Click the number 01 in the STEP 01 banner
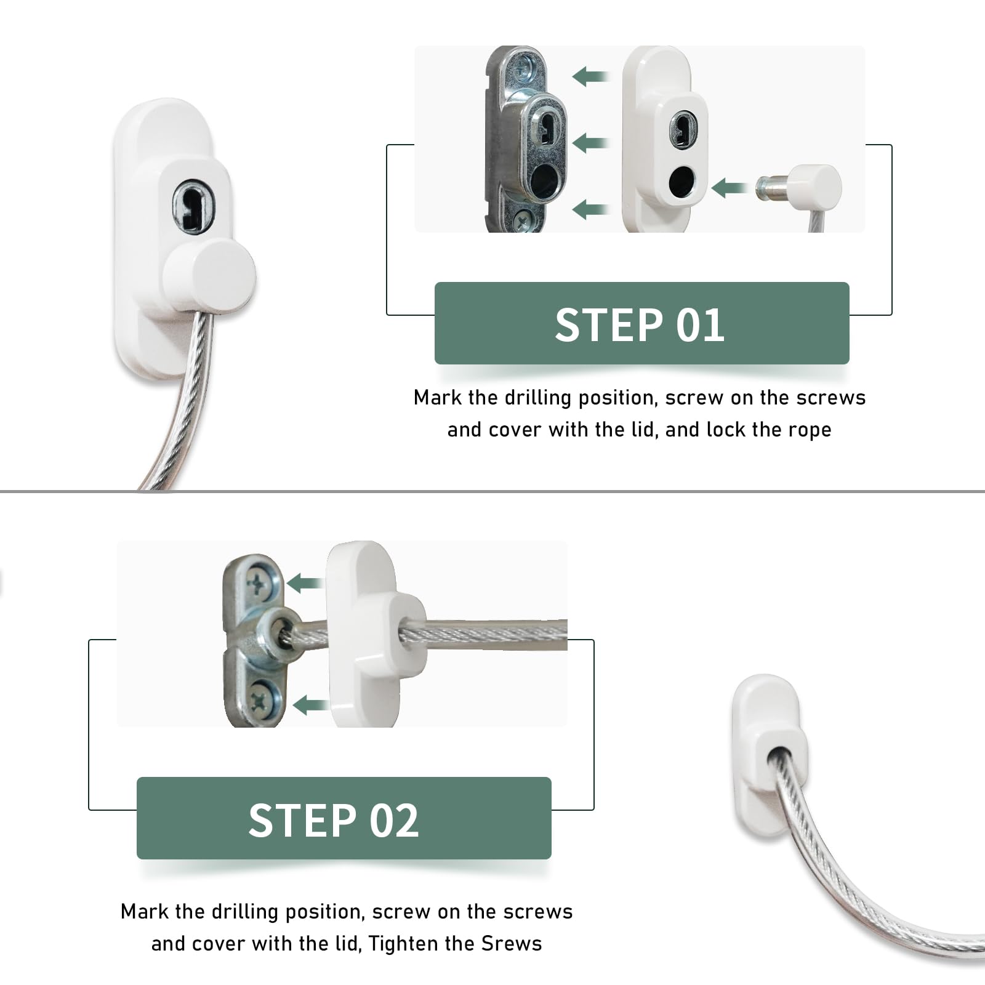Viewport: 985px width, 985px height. pyautogui.click(x=700, y=324)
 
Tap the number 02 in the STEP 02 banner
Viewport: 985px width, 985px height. pyautogui.click(x=394, y=820)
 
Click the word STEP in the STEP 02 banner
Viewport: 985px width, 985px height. pyautogui.click(x=302, y=820)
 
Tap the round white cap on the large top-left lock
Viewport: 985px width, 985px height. pyautogui.click(x=209, y=275)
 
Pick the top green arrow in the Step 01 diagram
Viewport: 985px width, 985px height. pyautogui.click(x=590, y=77)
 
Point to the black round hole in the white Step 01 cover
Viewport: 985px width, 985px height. pyautogui.click(x=681, y=182)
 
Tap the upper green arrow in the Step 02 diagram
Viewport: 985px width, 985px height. pyautogui.click(x=306, y=582)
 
